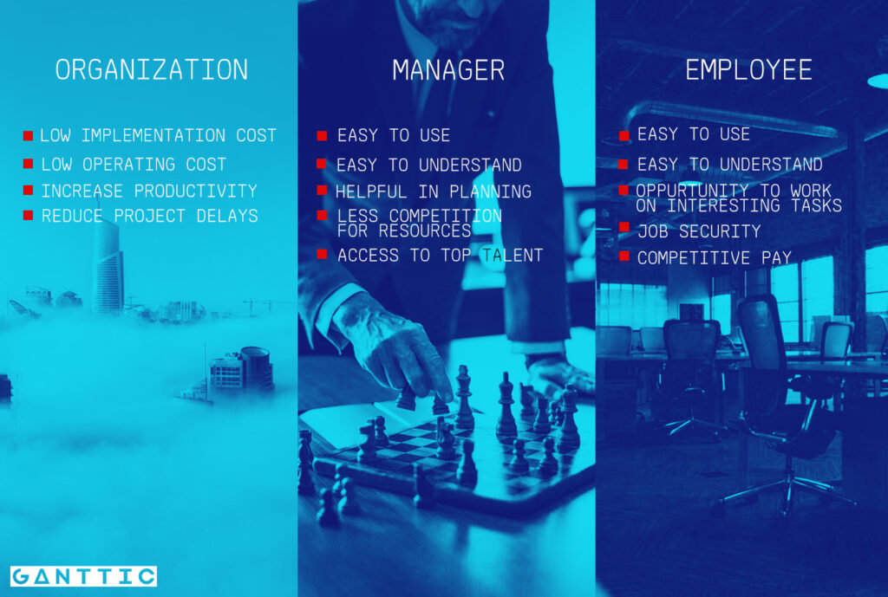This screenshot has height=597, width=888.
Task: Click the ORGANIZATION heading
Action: (x=152, y=70)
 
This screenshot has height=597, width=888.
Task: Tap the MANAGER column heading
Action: (x=447, y=70)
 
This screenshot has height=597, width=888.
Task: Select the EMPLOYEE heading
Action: (x=748, y=70)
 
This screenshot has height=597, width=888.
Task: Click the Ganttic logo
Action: (x=83, y=576)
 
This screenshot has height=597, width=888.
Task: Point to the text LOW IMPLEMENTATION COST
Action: (x=158, y=135)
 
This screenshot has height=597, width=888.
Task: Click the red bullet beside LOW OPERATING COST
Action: (x=28, y=164)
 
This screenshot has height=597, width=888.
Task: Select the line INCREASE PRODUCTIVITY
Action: (x=149, y=191)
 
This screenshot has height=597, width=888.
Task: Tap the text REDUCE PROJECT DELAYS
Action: (x=149, y=216)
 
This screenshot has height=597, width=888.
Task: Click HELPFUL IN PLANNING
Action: (x=434, y=191)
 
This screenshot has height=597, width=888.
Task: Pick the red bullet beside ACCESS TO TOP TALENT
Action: (x=322, y=254)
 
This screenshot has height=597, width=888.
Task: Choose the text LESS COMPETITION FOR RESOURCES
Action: (x=419, y=223)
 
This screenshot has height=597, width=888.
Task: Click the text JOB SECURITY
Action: (x=698, y=231)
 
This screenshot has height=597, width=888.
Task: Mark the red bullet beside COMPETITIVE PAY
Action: (x=624, y=256)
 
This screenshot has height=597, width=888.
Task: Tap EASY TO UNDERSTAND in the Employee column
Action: (x=729, y=164)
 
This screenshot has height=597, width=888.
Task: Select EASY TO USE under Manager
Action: (x=393, y=135)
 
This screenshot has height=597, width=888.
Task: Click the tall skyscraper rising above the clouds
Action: (x=108, y=269)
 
